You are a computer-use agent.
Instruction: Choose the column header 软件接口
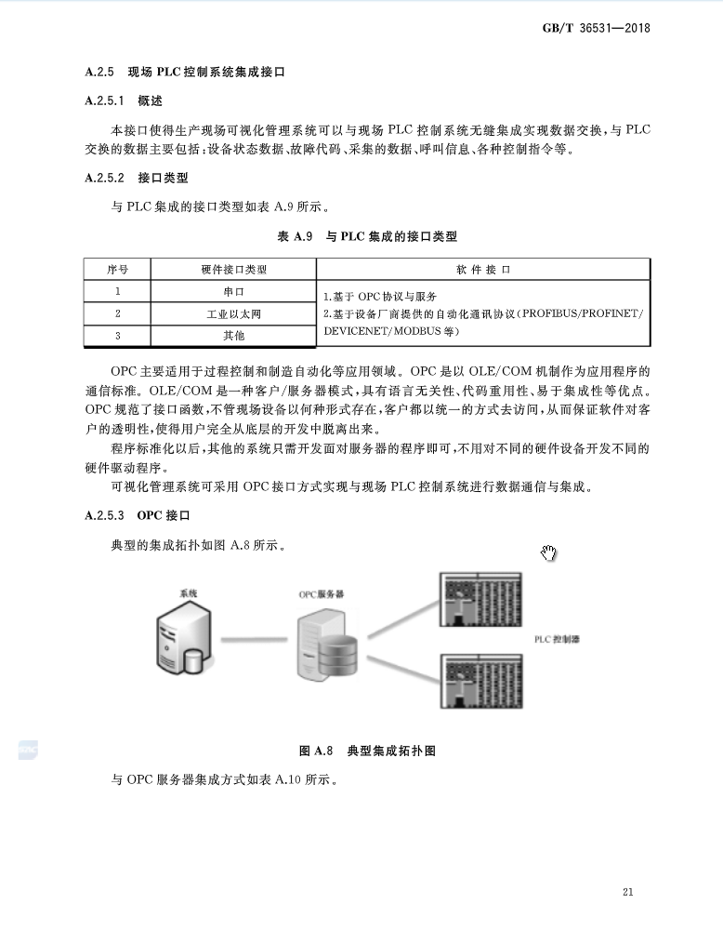(x=483, y=270)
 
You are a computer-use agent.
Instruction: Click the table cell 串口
(x=233, y=292)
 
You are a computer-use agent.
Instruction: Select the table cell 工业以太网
(x=233, y=313)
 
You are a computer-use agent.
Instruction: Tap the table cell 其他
(x=233, y=335)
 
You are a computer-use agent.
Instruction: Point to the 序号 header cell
(x=117, y=270)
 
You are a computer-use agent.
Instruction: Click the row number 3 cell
(x=117, y=335)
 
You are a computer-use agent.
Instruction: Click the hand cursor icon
(x=548, y=553)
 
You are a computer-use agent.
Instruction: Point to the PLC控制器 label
(x=557, y=640)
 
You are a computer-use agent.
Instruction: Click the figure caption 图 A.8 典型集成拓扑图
(x=367, y=751)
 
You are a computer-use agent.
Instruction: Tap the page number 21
(x=628, y=893)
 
